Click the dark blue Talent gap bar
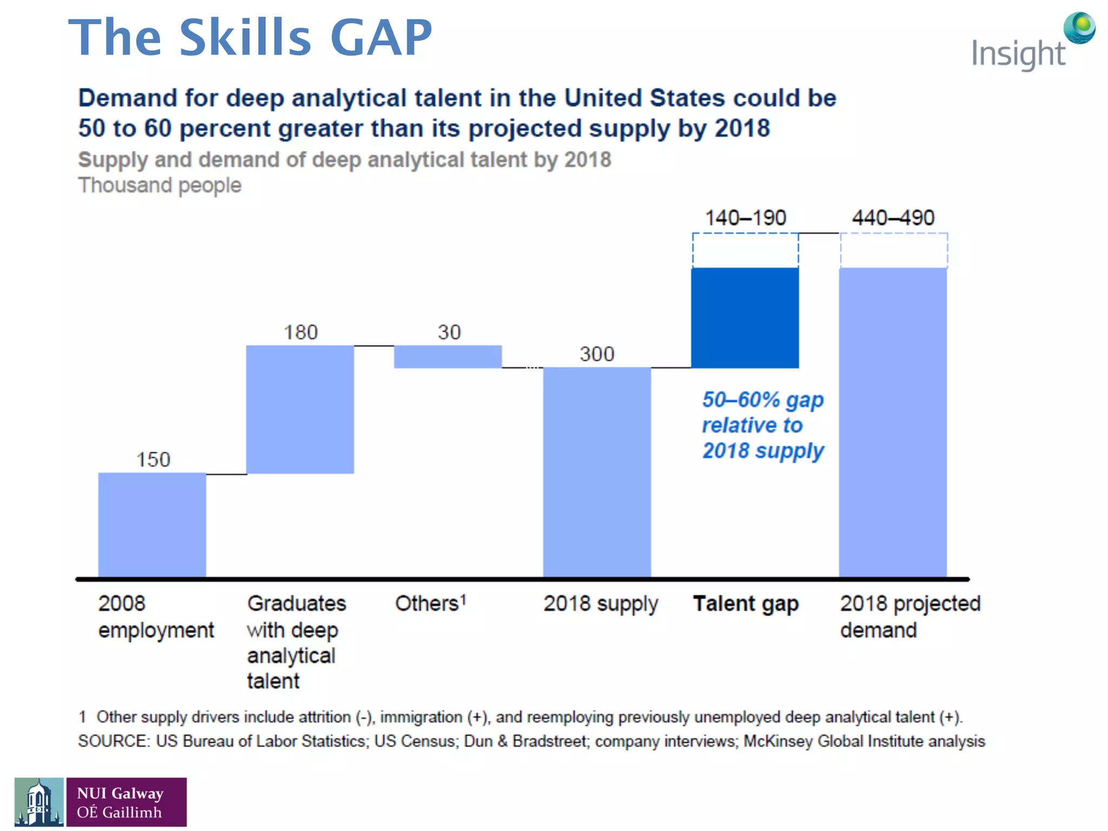(745, 318)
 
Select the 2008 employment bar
(152, 525)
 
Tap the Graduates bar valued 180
(300, 410)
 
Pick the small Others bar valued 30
(447, 357)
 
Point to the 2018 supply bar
(597, 472)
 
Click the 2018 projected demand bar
(893, 422)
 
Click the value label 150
(153, 460)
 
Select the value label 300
(597, 354)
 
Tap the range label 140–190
(745, 218)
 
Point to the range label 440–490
(893, 218)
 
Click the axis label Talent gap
(746, 604)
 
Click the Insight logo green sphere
(1079, 27)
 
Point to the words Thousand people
(160, 186)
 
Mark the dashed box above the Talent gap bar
(745, 250)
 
